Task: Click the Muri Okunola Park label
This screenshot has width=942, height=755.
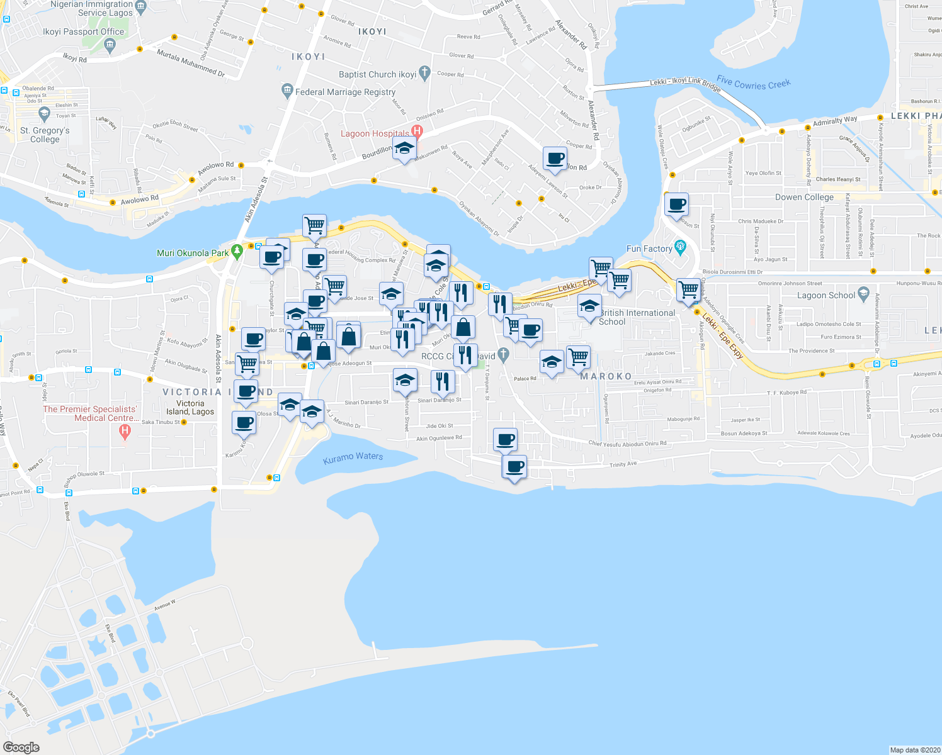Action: pyautogui.click(x=193, y=253)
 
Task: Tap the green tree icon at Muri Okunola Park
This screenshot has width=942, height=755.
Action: pyautogui.click(x=237, y=252)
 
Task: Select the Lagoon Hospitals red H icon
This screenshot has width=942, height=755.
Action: pyautogui.click(x=416, y=131)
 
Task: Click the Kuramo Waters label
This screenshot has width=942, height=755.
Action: pyautogui.click(x=353, y=457)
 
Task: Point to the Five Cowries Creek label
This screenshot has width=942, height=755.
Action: pyautogui.click(x=753, y=83)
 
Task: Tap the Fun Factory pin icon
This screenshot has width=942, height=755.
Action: pyautogui.click(x=680, y=247)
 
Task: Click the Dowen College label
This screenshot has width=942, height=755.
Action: pyautogui.click(x=804, y=197)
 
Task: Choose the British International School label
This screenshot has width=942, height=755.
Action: pyautogui.click(x=637, y=317)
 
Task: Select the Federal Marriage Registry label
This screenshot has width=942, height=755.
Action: pyautogui.click(x=345, y=92)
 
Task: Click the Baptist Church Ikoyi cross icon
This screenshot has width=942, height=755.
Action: pyautogui.click(x=424, y=73)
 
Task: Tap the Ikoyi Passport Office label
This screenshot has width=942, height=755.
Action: pyautogui.click(x=83, y=31)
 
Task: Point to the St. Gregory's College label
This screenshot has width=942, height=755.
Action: pyautogui.click(x=45, y=135)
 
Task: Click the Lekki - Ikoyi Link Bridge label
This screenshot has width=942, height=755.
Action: pyautogui.click(x=685, y=83)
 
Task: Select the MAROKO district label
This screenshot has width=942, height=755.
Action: pyautogui.click(x=606, y=376)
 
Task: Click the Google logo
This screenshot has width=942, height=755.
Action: pyautogui.click(x=21, y=747)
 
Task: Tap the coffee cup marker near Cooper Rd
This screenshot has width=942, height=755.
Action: pyautogui.click(x=555, y=158)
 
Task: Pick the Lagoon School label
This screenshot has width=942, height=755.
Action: pyautogui.click(x=826, y=295)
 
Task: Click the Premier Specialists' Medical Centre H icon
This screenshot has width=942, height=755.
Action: pyautogui.click(x=125, y=431)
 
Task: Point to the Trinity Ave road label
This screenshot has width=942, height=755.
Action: pyautogui.click(x=623, y=464)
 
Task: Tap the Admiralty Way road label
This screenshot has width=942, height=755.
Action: pyautogui.click(x=835, y=121)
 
